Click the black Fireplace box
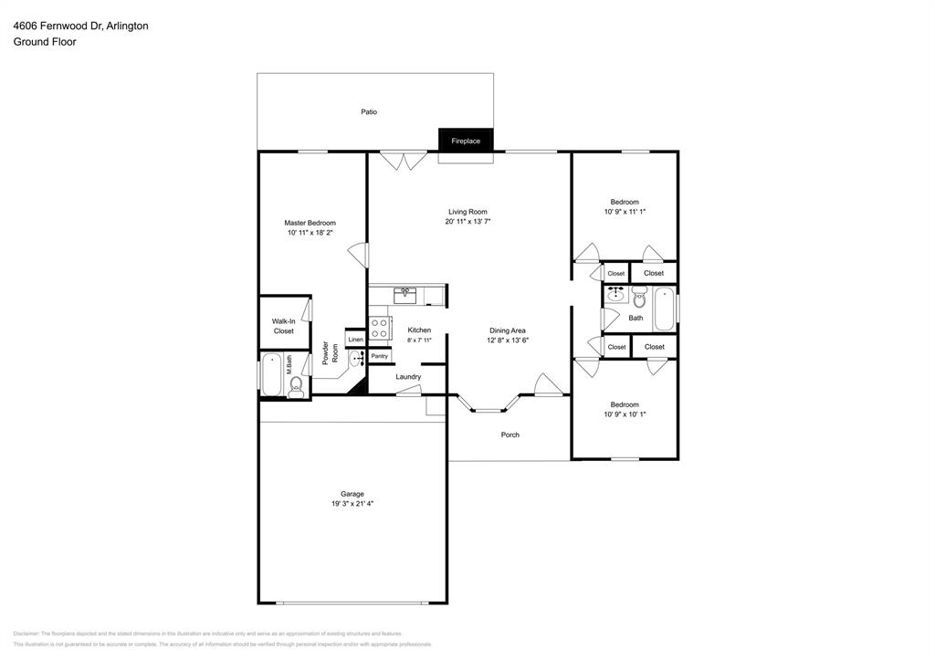(x=466, y=141)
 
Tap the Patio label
(x=369, y=112)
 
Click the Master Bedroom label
(x=310, y=223)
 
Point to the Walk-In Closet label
(x=284, y=326)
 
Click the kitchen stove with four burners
(x=379, y=328)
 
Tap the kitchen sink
(x=405, y=294)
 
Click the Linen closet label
(x=356, y=340)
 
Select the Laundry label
(x=408, y=377)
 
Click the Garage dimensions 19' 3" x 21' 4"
(x=352, y=504)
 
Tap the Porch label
(x=510, y=435)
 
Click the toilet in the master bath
(x=296, y=390)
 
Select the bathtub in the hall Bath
(x=665, y=308)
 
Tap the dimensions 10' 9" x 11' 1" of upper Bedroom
(x=625, y=212)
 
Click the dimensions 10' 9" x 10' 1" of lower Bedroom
(x=625, y=414)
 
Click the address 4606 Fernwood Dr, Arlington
(x=80, y=26)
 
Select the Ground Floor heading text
(x=45, y=42)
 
